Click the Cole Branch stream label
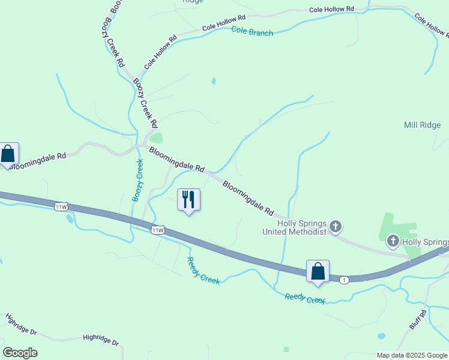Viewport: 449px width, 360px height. tap(252, 33)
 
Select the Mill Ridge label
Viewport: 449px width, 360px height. tap(422, 125)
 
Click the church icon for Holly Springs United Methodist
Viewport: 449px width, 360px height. tap(336, 227)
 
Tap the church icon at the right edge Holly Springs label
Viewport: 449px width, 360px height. tap(393, 242)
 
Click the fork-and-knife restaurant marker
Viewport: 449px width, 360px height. tap(188, 199)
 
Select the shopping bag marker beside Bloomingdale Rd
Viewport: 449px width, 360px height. tap(8, 154)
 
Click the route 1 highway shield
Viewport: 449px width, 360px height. tap(344, 280)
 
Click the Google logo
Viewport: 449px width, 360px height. tap(20, 353)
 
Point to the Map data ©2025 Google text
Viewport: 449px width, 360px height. tap(412, 355)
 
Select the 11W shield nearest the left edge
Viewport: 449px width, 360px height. tap(61, 207)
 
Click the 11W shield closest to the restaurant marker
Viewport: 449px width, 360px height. tap(157, 230)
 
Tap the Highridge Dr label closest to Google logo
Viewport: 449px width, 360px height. tap(22, 324)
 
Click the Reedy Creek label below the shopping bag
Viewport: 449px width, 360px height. tap(304, 298)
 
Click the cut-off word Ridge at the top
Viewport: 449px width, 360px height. tap(193, 2)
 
